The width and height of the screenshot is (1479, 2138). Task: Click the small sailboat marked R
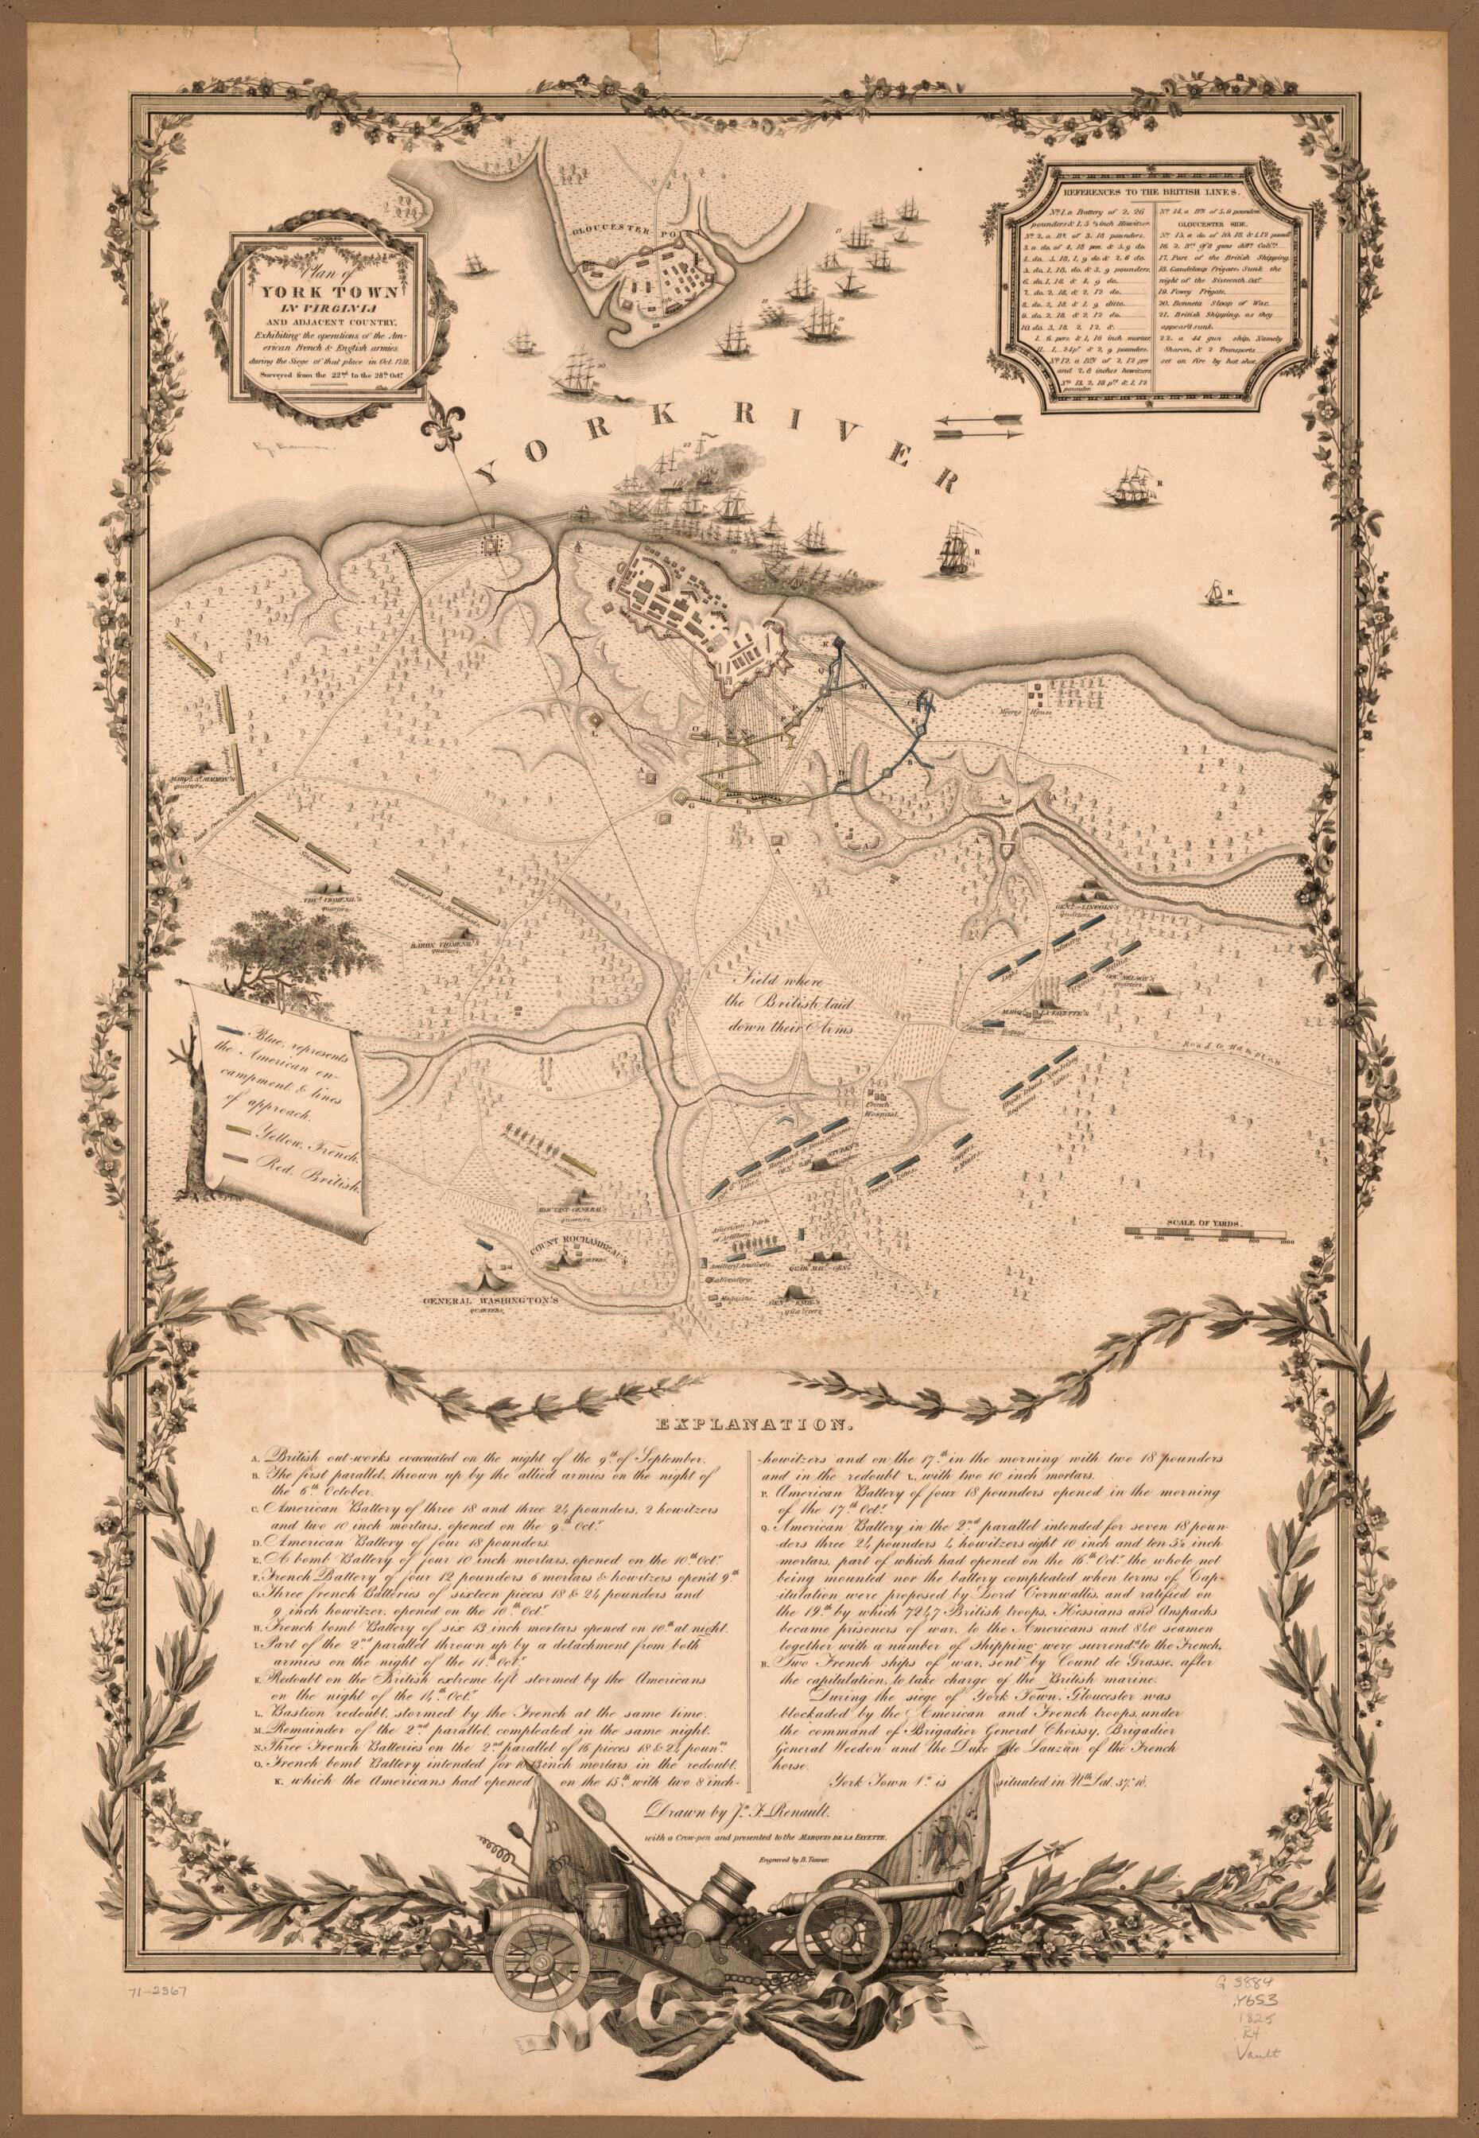pos(1209,590)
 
